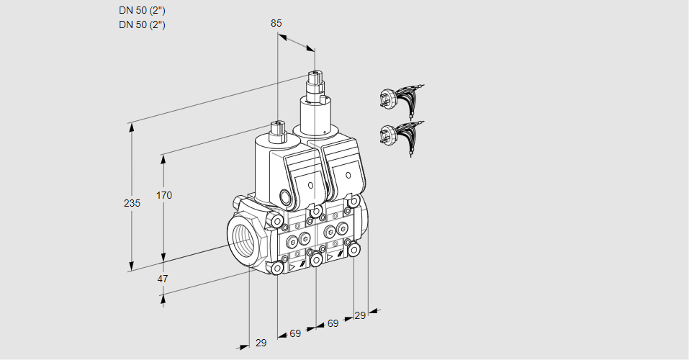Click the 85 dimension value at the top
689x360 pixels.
point(276,23)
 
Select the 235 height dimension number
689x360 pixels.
point(131,204)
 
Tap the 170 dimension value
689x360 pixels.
point(164,195)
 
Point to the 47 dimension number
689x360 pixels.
point(163,279)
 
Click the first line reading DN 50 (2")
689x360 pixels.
point(142,11)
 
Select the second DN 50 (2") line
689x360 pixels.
point(142,25)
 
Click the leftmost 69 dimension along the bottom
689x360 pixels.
point(295,333)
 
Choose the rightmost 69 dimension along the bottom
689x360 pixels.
point(333,324)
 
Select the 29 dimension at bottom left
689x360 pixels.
point(261,343)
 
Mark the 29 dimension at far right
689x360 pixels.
point(360,315)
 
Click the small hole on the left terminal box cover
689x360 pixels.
point(311,186)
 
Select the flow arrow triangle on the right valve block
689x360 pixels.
point(330,256)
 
